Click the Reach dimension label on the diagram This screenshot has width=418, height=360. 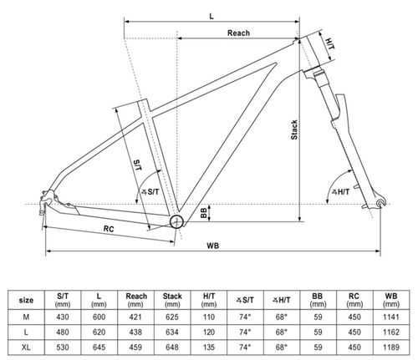[x=238, y=33]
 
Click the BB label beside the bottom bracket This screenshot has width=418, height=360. [x=204, y=213]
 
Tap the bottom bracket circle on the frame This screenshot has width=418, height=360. [x=178, y=221]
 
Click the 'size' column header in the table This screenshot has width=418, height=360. [x=27, y=297]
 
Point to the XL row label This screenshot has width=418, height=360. [x=27, y=344]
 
